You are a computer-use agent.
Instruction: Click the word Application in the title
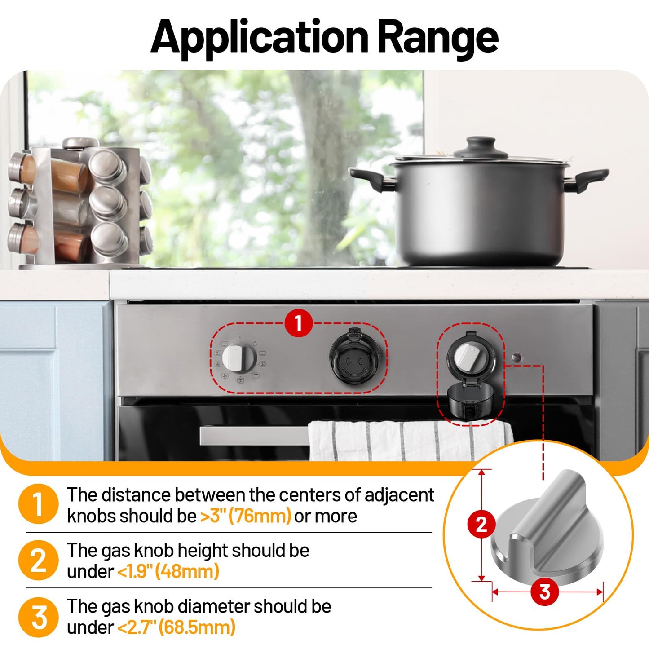click(x=260, y=38)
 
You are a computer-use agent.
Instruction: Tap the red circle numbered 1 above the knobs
click(x=299, y=322)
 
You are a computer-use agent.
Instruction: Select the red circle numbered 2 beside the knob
click(x=481, y=524)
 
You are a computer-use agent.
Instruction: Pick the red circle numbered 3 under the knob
click(x=544, y=592)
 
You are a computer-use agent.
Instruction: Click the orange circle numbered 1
click(x=39, y=504)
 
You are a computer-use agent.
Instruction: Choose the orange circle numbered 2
click(x=39, y=560)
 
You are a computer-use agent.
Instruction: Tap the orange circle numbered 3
click(x=39, y=616)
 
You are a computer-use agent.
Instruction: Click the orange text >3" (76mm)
click(x=246, y=516)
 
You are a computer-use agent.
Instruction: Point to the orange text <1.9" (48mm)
click(x=168, y=572)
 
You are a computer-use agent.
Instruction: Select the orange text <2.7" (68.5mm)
click(x=177, y=627)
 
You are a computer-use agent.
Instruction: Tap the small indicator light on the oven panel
click(x=517, y=358)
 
